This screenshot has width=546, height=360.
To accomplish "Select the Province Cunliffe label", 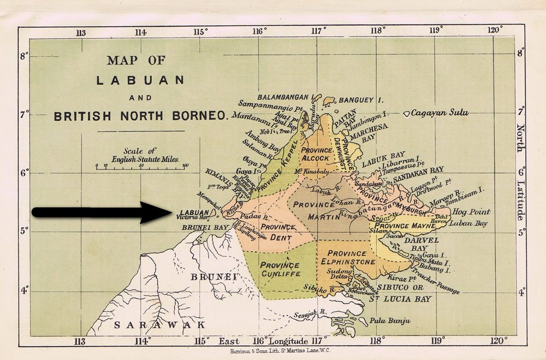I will pos(280,269).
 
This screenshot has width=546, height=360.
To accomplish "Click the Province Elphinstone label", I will pos(348,257).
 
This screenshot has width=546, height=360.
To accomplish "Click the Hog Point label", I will pos(472,212).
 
